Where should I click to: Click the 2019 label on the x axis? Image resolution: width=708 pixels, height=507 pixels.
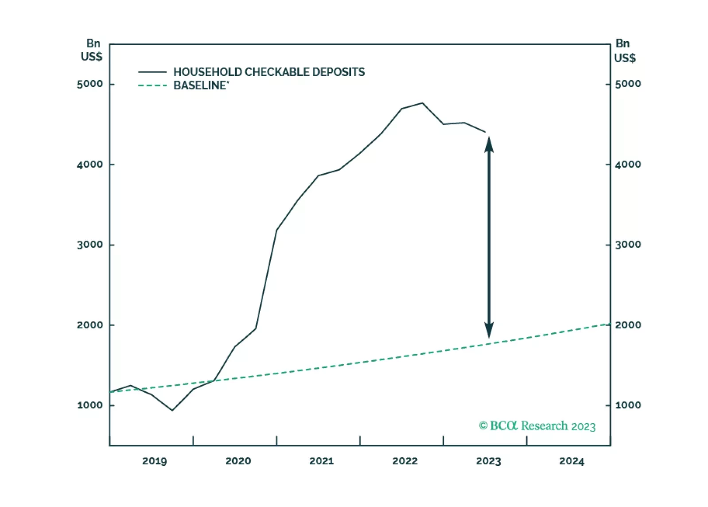(154, 461)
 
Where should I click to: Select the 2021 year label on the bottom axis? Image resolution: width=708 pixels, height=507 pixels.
(321, 461)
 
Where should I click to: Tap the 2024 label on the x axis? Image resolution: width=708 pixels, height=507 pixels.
(572, 461)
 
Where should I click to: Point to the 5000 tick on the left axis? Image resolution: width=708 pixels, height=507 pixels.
(90, 84)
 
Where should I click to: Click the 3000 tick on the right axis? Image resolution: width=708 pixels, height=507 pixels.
(628, 244)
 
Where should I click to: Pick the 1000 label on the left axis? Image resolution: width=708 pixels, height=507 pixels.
(90, 405)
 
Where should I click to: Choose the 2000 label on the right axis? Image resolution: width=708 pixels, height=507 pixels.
(628, 325)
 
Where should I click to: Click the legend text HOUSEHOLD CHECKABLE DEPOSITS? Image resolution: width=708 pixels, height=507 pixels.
(269, 72)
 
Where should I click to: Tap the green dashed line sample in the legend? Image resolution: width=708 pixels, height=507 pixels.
(152, 85)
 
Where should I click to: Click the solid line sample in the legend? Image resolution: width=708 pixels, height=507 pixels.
(152, 72)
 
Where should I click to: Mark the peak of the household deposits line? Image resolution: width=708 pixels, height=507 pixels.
(422, 103)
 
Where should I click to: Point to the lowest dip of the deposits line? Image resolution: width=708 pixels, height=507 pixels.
(172, 410)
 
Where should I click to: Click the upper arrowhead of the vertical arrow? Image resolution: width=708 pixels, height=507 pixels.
(489, 144)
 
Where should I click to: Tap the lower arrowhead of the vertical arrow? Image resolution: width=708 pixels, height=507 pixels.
(489, 331)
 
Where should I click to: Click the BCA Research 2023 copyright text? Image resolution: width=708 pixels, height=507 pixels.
(537, 426)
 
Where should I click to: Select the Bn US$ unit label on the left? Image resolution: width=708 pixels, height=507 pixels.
(92, 50)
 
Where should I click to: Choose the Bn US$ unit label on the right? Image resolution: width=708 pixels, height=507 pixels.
(624, 51)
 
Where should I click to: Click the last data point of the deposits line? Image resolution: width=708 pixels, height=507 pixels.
(486, 132)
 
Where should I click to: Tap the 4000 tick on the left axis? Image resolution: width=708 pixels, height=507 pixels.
(90, 164)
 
